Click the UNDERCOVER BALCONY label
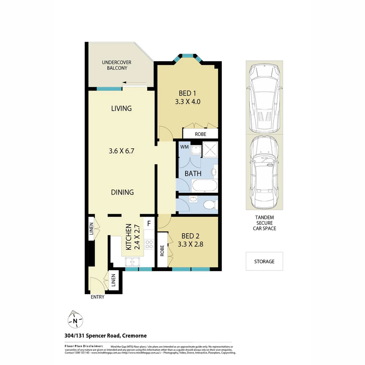[117, 65]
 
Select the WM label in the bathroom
[184, 147]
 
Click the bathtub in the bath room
[205, 186]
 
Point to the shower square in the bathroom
[210, 149]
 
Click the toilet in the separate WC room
[211, 204]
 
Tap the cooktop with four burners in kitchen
[149, 244]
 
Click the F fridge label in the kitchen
[149, 223]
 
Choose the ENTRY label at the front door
[97, 297]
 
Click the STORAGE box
[264, 261]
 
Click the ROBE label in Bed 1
[200, 134]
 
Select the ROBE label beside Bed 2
[162, 250]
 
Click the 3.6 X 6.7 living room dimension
[122, 151]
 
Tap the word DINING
[122, 192]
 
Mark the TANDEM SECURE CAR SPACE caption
[264, 223]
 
